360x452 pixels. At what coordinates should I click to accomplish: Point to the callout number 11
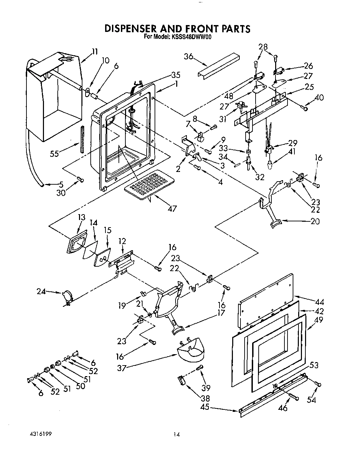tap(94, 52)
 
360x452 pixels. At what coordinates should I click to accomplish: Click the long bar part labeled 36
tap(218, 65)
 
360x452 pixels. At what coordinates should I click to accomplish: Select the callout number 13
tap(81, 218)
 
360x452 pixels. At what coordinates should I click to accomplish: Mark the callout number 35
tap(176, 75)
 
